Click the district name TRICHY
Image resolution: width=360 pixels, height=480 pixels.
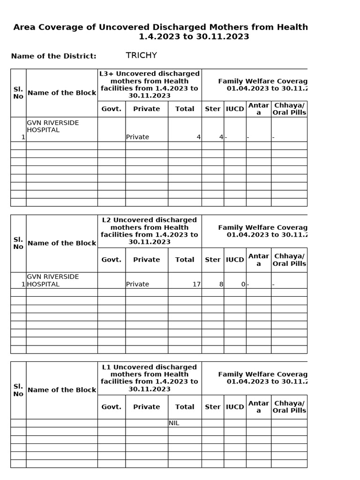(x=141, y=56)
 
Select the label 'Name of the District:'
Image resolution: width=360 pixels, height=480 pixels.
(x=53, y=56)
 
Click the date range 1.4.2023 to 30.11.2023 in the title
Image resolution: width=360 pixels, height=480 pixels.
(x=194, y=37)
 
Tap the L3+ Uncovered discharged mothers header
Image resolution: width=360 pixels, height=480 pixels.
(x=149, y=84)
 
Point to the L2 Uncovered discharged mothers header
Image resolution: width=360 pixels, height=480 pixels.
(x=149, y=231)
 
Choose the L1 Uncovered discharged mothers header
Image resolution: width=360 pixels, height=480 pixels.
(x=149, y=378)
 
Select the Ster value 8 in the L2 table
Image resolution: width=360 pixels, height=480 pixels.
(x=221, y=284)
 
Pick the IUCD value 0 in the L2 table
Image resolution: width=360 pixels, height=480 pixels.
(x=243, y=284)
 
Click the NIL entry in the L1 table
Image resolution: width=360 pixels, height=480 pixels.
(x=174, y=423)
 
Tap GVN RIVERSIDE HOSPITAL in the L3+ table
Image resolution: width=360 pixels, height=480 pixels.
(x=52, y=126)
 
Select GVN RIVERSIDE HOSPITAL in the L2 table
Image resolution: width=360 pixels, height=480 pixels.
(x=52, y=280)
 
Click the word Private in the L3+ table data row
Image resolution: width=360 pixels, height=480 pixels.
(x=137, y=137)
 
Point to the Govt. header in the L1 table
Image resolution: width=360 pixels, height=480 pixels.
(x=111, y=407)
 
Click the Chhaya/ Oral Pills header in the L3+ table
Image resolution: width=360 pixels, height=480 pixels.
(x=289, y=109)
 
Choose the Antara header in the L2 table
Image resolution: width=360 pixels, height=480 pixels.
(x=258, y=260)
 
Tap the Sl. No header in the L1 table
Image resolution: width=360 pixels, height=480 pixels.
(x=18, y=390)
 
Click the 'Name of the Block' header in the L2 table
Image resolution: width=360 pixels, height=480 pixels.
(x=62, y=243)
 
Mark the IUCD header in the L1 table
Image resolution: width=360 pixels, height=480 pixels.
(x=235, y=407)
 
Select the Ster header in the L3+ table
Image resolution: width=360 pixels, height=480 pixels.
(x=212, y=109)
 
